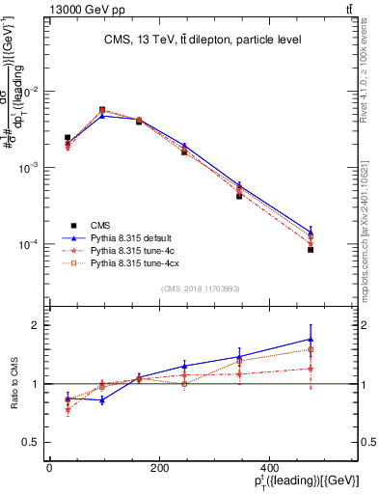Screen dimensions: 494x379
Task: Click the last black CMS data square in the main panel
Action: click(311, 250)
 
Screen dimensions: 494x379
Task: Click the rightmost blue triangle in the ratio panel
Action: click(311, 339)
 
